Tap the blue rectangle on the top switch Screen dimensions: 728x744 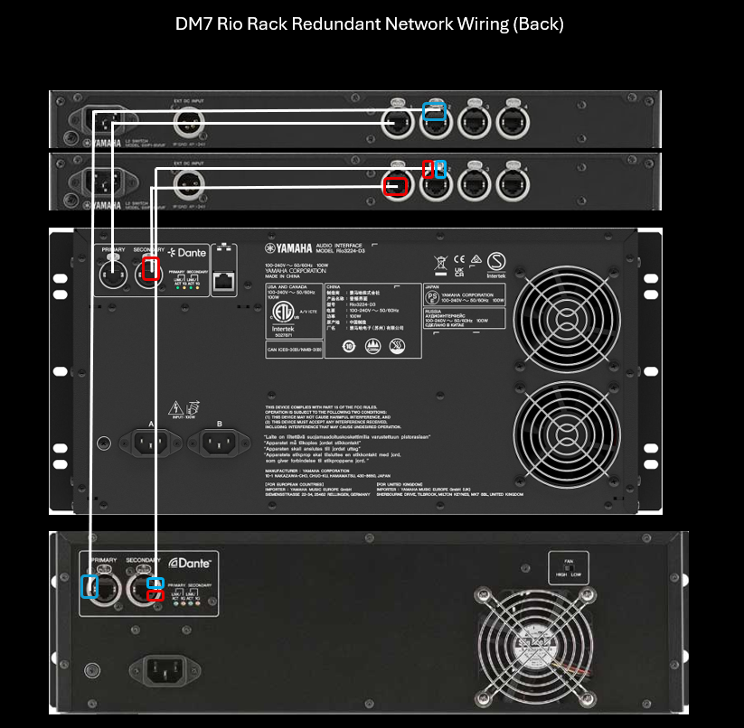click(x=435, y=110)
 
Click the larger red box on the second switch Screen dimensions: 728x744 click(x=396, y=187)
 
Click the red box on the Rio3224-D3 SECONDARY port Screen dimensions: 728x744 click(x=151, y=268)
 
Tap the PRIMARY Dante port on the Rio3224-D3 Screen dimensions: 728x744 click(x=113, y=271)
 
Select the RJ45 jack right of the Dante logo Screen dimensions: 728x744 click(x=223, y=282)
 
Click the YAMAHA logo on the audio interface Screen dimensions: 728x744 click(x=287, y=248)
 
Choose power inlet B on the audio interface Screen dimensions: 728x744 click(x=221, y=443)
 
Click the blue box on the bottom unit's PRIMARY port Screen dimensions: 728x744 click(x=89, y=586)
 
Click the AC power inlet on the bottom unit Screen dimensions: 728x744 click(x=159, y=669)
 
